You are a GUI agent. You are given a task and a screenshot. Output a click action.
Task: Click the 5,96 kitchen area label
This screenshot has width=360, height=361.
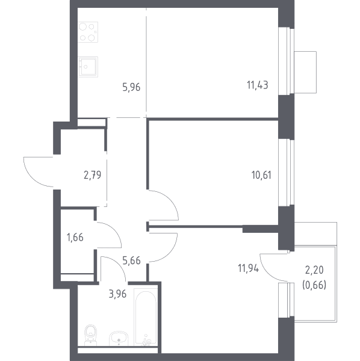point(131,88)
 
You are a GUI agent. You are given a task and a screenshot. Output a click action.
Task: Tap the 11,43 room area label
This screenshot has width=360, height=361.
point(258,85)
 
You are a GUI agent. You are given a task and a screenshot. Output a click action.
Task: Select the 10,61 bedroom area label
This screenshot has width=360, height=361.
point(261,175)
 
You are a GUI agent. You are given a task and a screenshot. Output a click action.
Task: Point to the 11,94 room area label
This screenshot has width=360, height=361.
point(248,268)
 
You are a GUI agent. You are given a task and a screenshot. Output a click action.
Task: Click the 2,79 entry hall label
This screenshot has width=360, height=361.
point(92,175)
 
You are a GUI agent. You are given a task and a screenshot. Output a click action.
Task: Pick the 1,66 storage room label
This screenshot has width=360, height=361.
point(75,238)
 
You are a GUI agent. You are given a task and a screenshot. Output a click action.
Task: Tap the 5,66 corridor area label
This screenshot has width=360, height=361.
point(131,261)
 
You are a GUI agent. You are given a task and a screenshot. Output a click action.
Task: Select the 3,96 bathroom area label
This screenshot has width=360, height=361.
point(117,294)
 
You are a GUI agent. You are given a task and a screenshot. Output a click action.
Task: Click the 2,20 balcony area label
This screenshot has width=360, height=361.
point(314,270)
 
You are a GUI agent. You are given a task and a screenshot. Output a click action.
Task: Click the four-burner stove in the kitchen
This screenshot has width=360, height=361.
point(88,32)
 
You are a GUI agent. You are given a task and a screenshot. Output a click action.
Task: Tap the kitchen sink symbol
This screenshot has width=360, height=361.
point(88,67)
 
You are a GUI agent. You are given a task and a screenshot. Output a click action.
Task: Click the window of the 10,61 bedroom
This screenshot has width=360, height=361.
point(287,172)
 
